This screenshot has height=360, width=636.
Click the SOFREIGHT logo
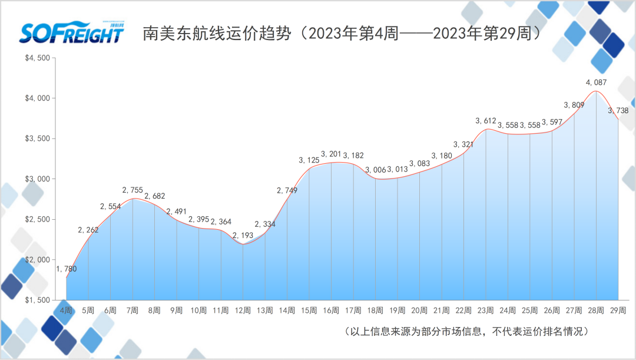point(71,33)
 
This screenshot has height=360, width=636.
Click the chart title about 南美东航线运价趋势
point(342,34)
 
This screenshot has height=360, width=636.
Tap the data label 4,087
point(596,82)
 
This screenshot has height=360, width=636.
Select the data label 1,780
point(67,269)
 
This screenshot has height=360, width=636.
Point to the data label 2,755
point(132,190)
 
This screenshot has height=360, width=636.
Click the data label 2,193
point(243,236)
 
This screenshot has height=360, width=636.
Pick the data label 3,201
point(331,154)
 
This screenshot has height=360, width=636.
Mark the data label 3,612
point(486,121)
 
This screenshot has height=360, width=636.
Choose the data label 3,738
point(618,110)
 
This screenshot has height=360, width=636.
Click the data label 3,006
point(375,170)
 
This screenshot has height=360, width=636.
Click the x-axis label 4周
point(67,310)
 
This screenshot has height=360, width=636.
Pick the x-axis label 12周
point(243,310)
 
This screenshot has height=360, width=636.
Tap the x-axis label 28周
point(596,310)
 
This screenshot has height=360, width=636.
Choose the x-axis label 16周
point(331,310)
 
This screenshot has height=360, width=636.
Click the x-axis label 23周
point(486,310)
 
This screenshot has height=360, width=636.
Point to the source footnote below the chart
point(466,331)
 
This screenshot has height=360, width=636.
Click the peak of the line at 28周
point(596,91)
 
